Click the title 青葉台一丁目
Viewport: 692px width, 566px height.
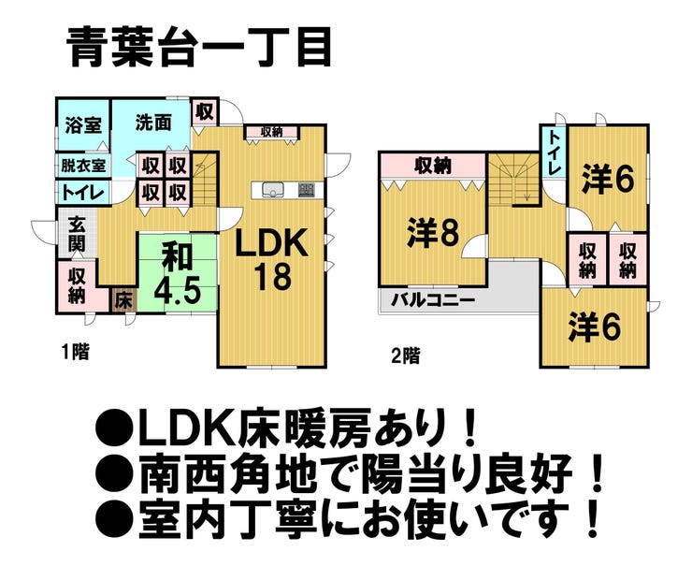click(199, 47)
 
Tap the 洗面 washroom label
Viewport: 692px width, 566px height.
click(152, 123)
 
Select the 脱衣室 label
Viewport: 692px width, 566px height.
click(82, 166)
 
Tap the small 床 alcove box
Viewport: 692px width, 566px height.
click(123, 300)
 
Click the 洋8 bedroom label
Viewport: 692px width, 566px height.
click(431, 233)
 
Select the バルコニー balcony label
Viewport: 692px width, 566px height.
click(433, 300)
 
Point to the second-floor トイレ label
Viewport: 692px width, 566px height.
click(555, 154)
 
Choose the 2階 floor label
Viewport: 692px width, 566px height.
click(405, 355)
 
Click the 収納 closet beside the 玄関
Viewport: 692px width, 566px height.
click(78, 285)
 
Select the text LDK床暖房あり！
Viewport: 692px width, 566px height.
click(290, 429)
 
